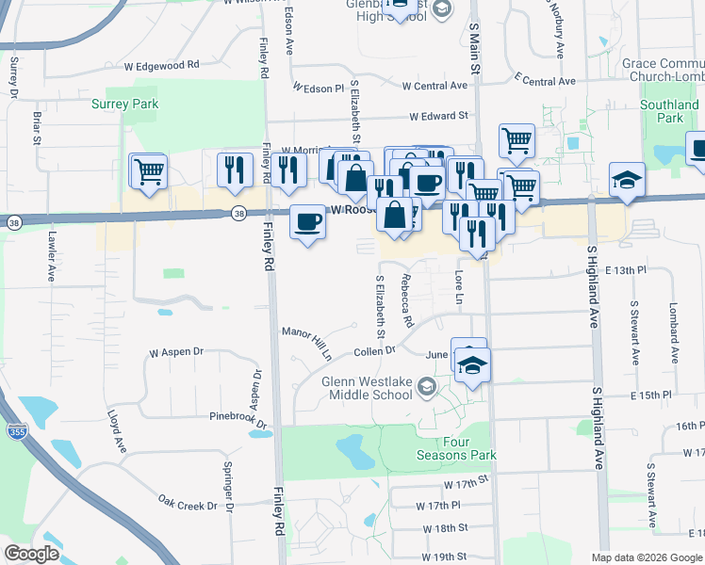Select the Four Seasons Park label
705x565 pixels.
click(x=456, y=448)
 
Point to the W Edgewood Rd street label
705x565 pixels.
click(x=161, y=65)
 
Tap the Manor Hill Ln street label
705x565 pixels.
click(x=307, y=343)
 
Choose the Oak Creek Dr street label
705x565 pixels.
click(x=188, y=504)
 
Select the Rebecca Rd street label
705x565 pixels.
click(x=407, y=299)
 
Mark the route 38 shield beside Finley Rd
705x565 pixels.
click(x=238, y=214)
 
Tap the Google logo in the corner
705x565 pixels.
click(x=31, y=554)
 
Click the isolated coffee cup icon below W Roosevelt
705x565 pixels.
click(x=308, y=222)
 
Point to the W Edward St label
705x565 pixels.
click(x=438, y=116)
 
